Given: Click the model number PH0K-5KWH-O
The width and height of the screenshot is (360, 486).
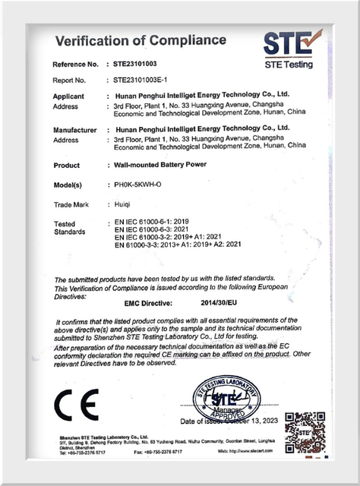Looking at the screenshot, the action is click(x=142, y=185).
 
